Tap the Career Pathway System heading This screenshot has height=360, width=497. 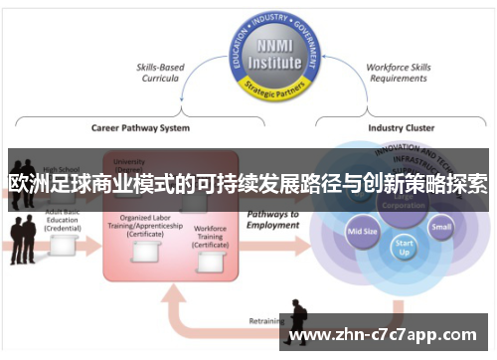(x=140, y=127)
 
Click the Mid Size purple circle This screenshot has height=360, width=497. (x=362, y=232)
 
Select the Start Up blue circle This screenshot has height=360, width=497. (x=404, y=247)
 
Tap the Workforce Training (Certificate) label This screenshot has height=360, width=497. (x=210, y=236)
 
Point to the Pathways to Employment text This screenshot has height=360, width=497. (x=274, y=220)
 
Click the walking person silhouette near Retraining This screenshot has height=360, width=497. (x=297, y=321)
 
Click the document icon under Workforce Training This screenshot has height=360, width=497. (x=210, y=261)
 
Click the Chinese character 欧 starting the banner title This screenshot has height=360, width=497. (x=17, y=184)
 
